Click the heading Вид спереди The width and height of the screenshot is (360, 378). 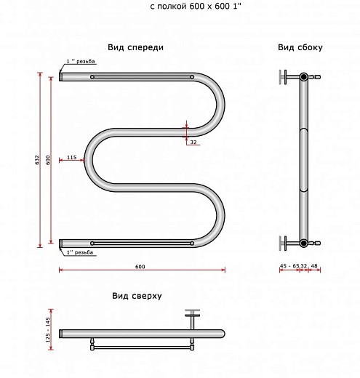pyautogui.click(x=135, y=47)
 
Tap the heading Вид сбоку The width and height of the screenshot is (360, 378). pyautogui.click(x=300, y=47)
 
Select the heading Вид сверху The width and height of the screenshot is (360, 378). pyautogui.click(x=137, y=296)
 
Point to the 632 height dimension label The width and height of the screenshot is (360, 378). pyautogui.click(x=37, y=160)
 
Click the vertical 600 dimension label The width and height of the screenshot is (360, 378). pyautogui.click(x=48, y=160)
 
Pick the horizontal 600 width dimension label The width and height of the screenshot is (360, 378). pyautogui.click(x=140, y=267)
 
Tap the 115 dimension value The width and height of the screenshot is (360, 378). pyautogui.click(x=72, y=157)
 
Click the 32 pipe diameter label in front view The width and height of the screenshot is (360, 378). pyautogui.click(x=193, y=142)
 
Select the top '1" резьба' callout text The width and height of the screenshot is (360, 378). pyautogui.click(x=81, y=61)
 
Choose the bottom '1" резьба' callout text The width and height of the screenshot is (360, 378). pyautogui.click(x=80, y=252)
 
